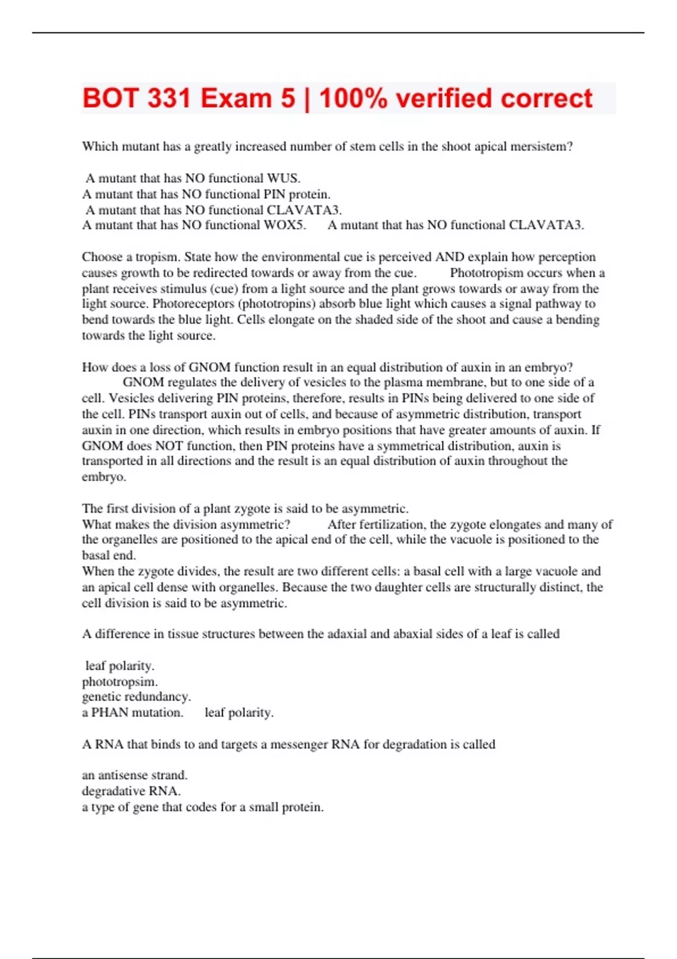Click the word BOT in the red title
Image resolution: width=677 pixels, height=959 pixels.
(x=111, y=99)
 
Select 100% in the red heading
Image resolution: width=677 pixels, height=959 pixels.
(x=353, y=99)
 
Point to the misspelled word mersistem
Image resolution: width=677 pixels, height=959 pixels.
(x=541, y=147)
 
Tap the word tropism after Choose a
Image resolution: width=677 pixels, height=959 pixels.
(x=157, y=257)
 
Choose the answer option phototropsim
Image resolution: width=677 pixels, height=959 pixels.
(x=120, y=681)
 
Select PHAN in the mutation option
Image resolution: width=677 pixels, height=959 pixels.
(x=109, y=712)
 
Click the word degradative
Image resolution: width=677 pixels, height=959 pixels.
(x=113, y=791)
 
